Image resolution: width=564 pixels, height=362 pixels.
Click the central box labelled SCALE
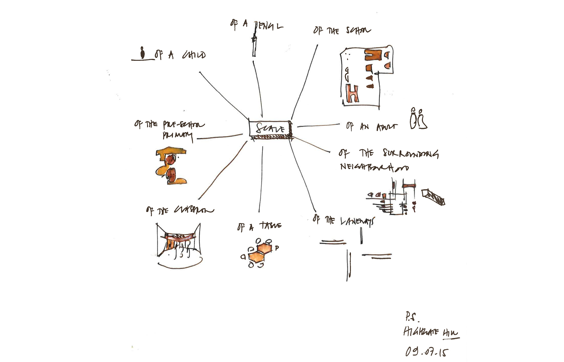(270, 129)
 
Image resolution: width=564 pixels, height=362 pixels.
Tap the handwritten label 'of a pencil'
(256, 25)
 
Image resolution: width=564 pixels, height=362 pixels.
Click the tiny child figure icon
(143, 53)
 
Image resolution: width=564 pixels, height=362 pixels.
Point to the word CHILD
(194, 55)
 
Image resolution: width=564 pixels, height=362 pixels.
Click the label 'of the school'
(342, 30)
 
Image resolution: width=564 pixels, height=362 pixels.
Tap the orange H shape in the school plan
(353, 94)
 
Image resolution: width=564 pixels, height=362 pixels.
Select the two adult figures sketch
(418, 119)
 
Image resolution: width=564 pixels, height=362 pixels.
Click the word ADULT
(386, 127)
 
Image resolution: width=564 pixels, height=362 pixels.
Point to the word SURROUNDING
(410, 153)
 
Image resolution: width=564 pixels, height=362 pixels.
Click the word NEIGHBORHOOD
(374, 167)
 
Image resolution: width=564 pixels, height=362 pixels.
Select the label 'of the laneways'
(344, 221)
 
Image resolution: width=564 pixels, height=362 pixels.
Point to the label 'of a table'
(259, 226)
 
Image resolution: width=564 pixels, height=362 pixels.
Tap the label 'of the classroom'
(180, 210)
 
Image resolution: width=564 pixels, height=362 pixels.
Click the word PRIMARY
(177, 136)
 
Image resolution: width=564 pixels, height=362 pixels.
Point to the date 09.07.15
(427, 352)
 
